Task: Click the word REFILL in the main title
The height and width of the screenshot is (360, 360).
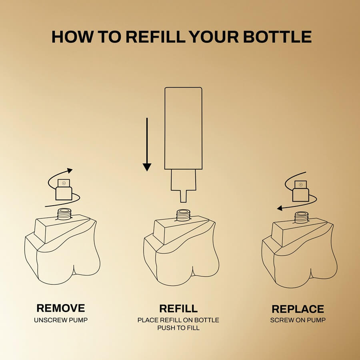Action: pyautogui.click(x=156, y=37)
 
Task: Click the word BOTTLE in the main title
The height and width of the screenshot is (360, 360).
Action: pyautogui.click(x=277, y=37)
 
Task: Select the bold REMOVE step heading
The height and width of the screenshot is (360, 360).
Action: pyautogui.click(x=61, y=308)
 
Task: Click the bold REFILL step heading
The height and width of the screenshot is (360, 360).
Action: pyautogui.click(x=178, y=308)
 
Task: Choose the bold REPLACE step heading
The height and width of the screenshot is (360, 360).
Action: pyautogui.click(x=298, y=309)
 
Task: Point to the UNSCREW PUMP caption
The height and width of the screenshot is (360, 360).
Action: pyautogui.click(x=61, y=320)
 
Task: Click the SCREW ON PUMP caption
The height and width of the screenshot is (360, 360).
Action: pyautogui.click(x=298, y=320)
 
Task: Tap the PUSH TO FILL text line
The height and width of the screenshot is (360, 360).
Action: pyautogui.click(x=178, y=328)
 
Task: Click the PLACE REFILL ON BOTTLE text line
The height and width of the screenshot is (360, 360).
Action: pyautogui.click(x=178, y=320)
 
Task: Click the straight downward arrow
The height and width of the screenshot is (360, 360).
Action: pyautogui.click(x=147, y=144)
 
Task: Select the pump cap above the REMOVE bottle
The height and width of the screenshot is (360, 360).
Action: pyautogui.click(x=64, y=190)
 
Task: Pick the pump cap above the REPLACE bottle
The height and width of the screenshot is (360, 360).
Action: pyautogui.click(x=301, y=191)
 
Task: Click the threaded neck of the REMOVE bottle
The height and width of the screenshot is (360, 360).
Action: pyautogui.click(x=64, y=214)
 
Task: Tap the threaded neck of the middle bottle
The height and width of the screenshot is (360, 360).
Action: pyautogui.click(x=183, y=215)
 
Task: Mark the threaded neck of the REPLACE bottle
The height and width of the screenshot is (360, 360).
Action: pyautogui.click(x=302, y=218)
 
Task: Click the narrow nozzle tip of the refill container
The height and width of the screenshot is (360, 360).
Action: pyautogui.click(x=183, y=196)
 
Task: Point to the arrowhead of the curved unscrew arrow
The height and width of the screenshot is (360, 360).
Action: pyautogui.click(x=70, y=170)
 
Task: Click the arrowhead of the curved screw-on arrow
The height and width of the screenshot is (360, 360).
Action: pyautogui.click(x=280, y=208)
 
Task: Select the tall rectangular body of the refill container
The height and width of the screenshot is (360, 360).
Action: pyautogui.click(x=184, y=128)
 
